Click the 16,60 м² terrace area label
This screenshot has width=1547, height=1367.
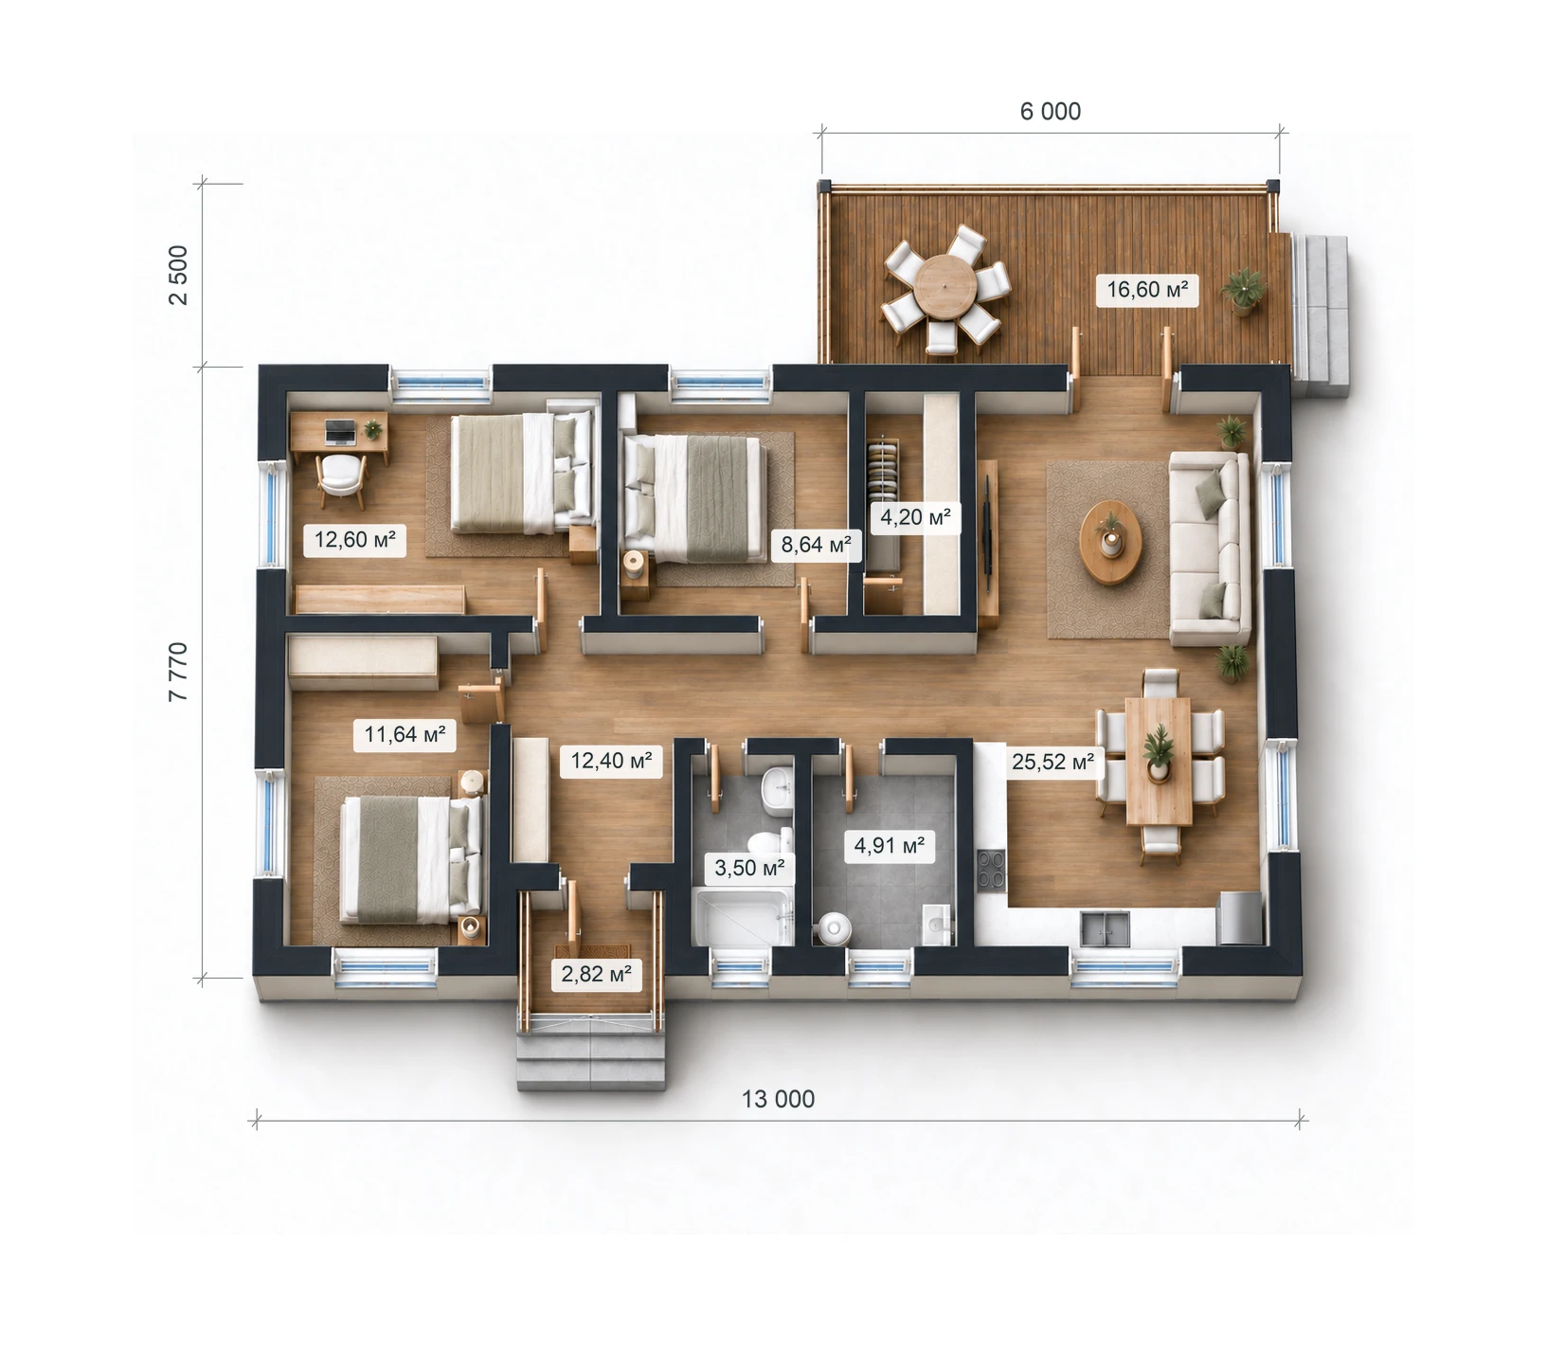pos(1147,289)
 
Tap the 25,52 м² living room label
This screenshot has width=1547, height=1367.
pos(1052,762)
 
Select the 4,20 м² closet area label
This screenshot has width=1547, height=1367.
pos(915,517)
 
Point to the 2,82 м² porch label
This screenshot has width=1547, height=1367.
pos(596,974)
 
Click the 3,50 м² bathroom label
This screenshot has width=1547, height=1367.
pos(749,868)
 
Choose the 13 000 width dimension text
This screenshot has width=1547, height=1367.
pos(778,1099)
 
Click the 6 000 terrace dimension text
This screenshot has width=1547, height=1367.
pos(1051,112)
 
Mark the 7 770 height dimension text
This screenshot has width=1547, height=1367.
pos(178,672)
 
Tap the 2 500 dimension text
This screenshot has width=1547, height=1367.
pos(178,275)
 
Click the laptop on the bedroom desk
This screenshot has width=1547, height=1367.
pos(340,433)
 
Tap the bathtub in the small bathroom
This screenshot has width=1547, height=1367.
pos(742,916)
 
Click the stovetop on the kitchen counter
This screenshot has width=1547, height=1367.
pos(992,870)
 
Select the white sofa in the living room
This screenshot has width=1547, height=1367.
pos(1211,549)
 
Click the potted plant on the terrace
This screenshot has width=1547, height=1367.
pos(1242,289)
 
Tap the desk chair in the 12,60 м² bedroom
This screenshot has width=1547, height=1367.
pos(341,479)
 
